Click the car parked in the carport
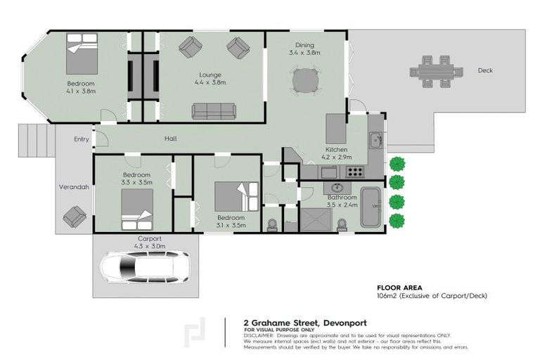pyautogui.click(x=145, y=267)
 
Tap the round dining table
pyautogui.click(x=304, y=81)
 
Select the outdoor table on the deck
pyautogui.click(x=437, y=72)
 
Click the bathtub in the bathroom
pyautogui.click(x=371, y=207)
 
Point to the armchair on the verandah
pyautogui.click(x=75, y=217)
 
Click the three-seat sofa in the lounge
pyautogui.click(x=214, y=111)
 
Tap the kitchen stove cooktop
pyautogui.click(x=354, y=171)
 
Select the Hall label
pyautogui.click(x=170, y=139)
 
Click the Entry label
pyautogui.click(x=82, y=139)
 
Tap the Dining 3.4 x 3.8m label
pyautogui.click(x=304, y=49)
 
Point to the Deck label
pyautogui.click(x=485, y=70)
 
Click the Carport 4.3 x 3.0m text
pyautogui.click(x=150, y=243)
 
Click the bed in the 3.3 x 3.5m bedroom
pyautogui.click(x=136, y=209)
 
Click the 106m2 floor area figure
pyautogui.click(x=386, y=296)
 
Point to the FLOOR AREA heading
pyautogui.click(x=399, y=288)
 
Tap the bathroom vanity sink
pyautogui.click(x=336, y=188)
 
